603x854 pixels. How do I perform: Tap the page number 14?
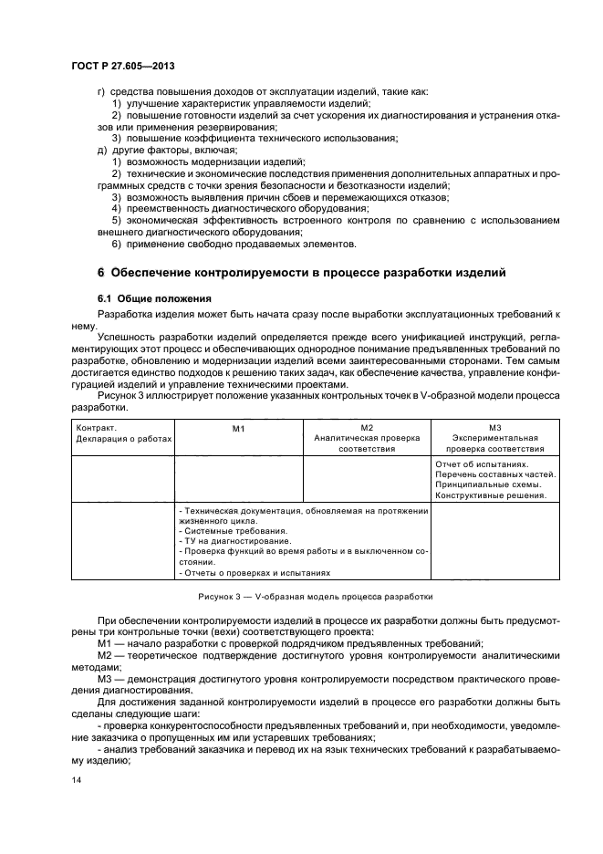(x=76, y=781)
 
